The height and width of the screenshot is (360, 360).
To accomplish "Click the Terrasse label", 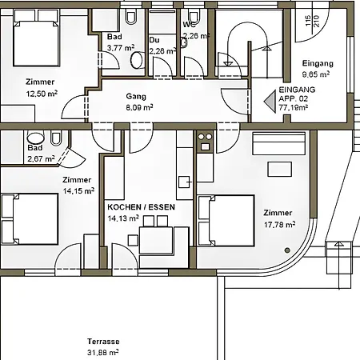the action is (103, 342).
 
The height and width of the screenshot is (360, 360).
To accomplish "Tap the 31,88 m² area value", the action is (103, 352).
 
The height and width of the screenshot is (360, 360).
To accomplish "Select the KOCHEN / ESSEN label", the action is (142, 207).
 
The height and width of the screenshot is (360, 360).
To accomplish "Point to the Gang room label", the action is (136, 96).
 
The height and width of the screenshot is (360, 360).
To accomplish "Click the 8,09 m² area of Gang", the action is (139, 107).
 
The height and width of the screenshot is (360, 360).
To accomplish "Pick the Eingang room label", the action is (318, 63).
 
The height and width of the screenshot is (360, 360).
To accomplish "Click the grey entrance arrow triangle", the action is (270, 102).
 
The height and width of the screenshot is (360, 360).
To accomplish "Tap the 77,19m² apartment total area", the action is (294, 108).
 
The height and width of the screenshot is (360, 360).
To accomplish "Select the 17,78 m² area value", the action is (279, 225).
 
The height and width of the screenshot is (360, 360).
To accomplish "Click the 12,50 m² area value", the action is (42, 94).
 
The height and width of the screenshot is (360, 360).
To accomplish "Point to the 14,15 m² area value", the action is (78, 190).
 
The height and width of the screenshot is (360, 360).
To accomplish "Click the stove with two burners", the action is (205, 142).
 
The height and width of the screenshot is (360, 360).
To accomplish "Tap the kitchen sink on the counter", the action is (184, 182).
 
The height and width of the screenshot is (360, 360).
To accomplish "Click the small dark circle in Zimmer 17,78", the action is (287, 250).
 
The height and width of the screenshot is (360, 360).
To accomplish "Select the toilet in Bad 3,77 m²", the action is (131, 17).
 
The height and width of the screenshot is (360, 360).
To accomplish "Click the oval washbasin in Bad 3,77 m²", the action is (137, 60).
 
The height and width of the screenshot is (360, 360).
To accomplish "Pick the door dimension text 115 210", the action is (312, 21).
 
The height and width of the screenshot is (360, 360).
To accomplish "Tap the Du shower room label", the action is (154, 40).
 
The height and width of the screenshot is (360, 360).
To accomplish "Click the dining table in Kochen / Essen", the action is (156, 240).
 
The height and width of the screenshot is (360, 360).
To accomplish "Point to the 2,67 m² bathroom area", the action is (41, 158).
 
